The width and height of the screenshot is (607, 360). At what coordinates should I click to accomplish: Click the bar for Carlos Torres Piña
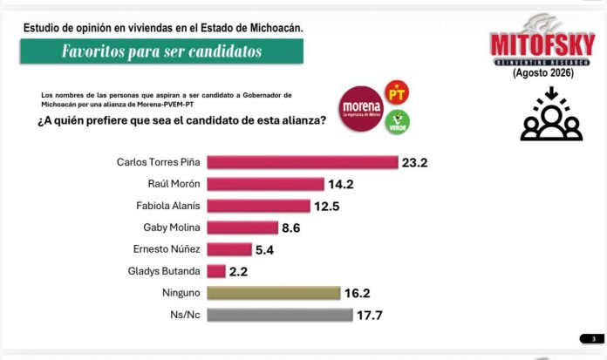[x=303, y=162]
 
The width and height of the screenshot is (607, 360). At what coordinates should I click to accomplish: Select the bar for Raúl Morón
[x=265, y=184]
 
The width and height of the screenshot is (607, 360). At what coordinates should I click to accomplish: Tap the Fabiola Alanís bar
[x=259, y=206]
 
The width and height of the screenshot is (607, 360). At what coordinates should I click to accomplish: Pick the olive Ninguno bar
[x=274, y=293]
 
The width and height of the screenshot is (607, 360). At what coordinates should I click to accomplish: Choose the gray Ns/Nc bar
[x=280, y=315]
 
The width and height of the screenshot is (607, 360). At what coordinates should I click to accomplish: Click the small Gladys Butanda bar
[x=216, y=271]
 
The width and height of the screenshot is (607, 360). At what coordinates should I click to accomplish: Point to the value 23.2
[x=414, y=163]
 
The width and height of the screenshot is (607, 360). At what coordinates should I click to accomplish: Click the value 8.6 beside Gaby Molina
[x=291, y=228]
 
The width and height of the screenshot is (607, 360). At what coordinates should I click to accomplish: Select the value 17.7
[x=369, y=316]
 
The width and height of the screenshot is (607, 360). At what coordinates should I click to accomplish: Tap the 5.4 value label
[x=265, y=250]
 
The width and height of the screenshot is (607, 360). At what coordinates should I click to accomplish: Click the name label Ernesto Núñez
[x=167, y=249]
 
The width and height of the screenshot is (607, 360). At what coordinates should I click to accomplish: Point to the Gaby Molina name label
[x=172, y=228]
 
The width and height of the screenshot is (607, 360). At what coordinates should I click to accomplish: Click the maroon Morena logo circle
[x=361, y=109]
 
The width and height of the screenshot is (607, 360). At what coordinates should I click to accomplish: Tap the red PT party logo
[x=397, y=92]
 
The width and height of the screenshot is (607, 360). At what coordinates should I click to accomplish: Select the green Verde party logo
[x=397, y=122]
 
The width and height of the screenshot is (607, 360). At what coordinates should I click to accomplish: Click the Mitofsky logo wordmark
[x=542, y=45]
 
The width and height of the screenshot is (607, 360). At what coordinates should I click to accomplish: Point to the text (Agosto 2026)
[x=543, y=72]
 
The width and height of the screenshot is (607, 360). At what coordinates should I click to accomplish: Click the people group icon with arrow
[x=551, y=113]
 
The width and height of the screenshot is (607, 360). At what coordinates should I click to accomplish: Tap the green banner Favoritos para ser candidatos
[x=162, y=51]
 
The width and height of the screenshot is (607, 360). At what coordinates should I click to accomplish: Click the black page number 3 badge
[x=592, y=339]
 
